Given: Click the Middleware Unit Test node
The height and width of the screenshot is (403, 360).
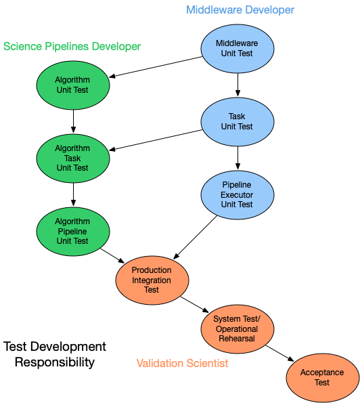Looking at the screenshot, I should [x=237, y=48].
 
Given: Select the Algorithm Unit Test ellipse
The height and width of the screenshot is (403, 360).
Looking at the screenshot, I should [x=72, y=85].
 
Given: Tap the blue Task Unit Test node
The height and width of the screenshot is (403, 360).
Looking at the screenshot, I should [x=237, y=121].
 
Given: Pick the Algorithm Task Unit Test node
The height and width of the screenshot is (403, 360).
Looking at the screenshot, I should [x=72, y=158].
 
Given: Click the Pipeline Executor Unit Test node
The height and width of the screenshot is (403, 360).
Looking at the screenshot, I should [x=237, y=194].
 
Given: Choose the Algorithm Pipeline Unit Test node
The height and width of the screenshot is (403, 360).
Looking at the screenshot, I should [x=72, y=231].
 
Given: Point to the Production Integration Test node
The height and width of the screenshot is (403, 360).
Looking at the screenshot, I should [x=152, y=280].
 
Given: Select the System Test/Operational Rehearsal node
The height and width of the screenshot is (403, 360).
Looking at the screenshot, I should [x=237, y=328].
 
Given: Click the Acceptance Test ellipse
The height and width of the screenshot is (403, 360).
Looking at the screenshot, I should [x=322, y=377].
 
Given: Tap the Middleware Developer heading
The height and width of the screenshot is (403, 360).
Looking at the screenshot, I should [x=240, y=10].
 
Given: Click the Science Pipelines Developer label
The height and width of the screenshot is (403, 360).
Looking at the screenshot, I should [x=72, y=46].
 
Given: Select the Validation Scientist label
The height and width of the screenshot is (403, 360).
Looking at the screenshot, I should [x=182, y=363].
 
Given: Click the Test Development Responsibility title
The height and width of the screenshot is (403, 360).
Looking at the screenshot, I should [x=55, y=354].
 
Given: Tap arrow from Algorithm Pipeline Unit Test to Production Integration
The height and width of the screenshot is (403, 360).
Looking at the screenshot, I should [x=112, y=255].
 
